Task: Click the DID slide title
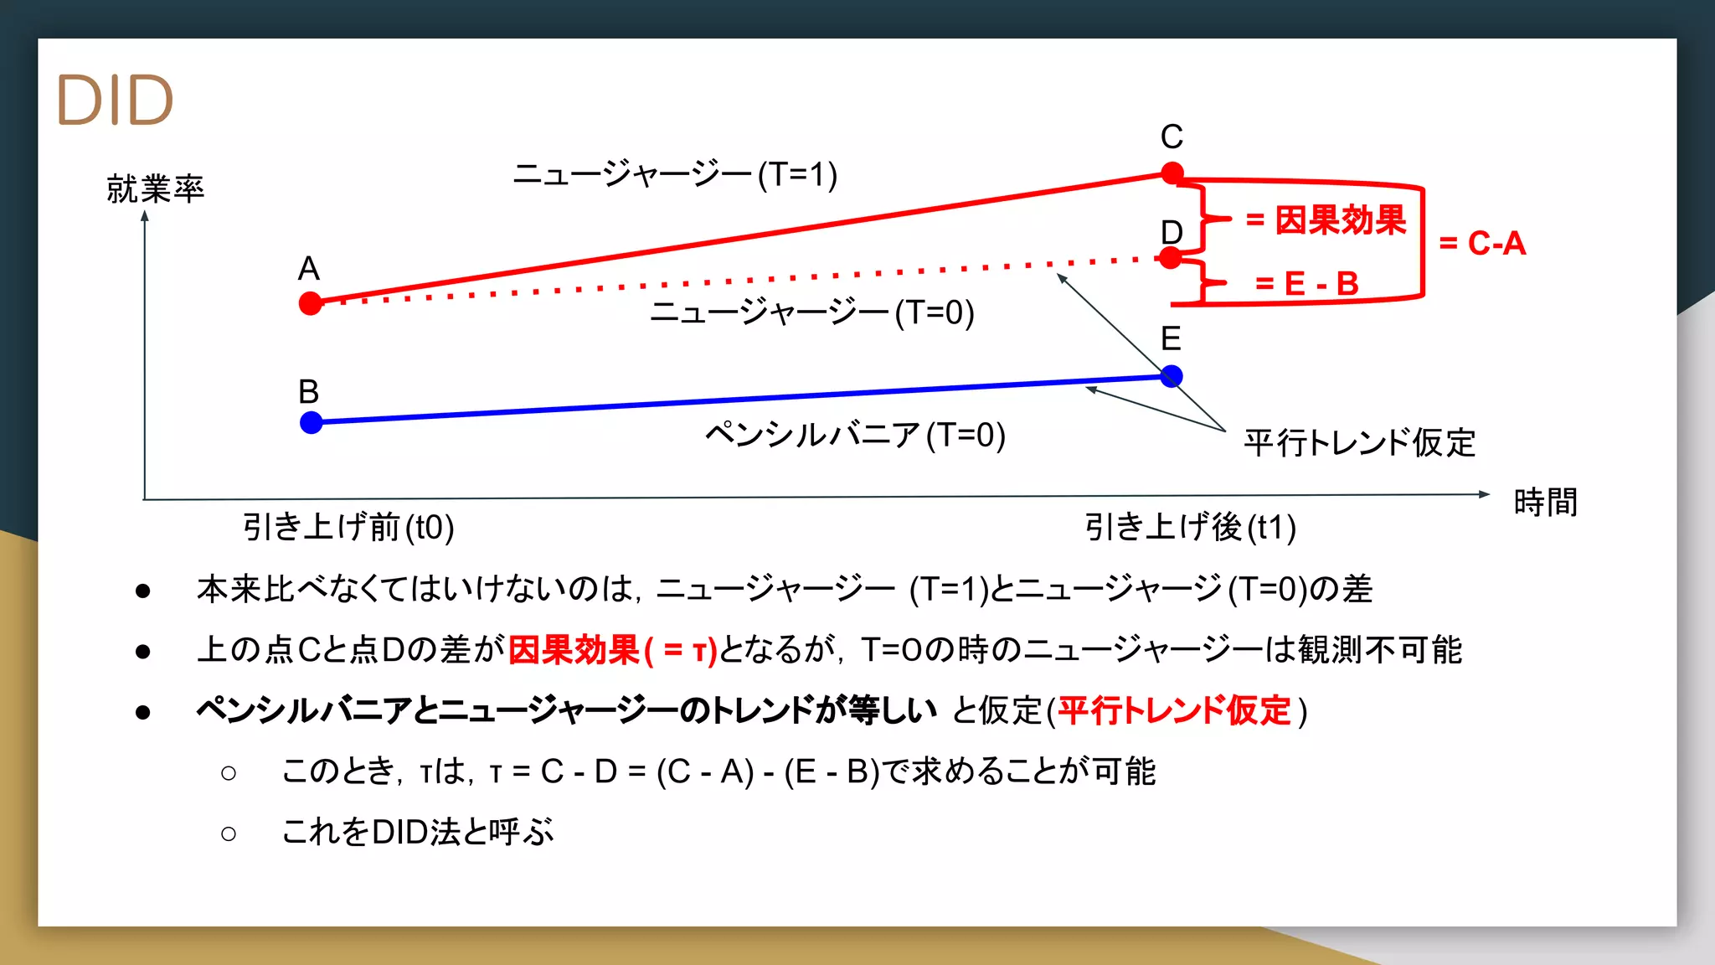[115, 101]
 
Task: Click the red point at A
[311, 303]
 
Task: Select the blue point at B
[312, 422]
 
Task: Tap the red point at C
[1172, 173]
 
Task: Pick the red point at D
[1172, 258]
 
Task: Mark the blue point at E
[1172, 376]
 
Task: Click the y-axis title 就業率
[156, 189]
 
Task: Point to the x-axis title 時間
[1546, 503]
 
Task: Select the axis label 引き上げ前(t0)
[348, 528]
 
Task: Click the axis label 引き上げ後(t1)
[1190, 528]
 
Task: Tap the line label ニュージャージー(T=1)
[675, 175]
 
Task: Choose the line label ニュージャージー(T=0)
[812, 313]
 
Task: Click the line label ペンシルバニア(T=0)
[855, 436]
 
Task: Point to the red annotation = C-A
[1482, 244]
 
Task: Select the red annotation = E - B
[1306, 284]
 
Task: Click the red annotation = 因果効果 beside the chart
[1326, 220]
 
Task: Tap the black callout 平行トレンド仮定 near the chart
[1359, 443]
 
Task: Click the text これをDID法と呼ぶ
[418, 833]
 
